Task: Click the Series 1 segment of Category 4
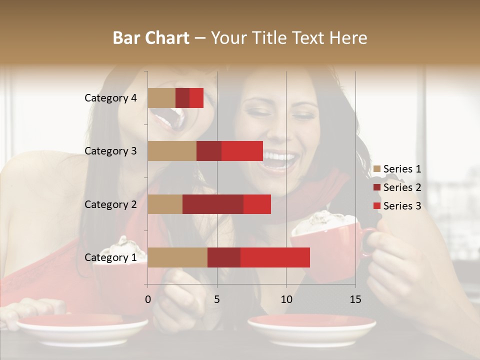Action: [161, 98]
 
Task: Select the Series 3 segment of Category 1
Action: [275, 257]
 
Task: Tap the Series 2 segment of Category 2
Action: [213, 204]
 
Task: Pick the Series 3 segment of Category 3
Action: [242, 151]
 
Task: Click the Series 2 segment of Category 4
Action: [182, 98]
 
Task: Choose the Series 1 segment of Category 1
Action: [177, 257]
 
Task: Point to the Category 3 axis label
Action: [110, 151]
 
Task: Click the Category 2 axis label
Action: [110, 204]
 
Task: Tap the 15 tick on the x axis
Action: [355, 300]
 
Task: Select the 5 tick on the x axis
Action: [217, 300]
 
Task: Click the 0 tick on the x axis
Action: [148, 300]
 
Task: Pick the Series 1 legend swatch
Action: [376, 169]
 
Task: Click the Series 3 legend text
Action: [402, 206]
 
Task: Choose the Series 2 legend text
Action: [402, 187]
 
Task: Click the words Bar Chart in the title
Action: [151, 38]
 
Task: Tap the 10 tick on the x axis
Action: [286, 300]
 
